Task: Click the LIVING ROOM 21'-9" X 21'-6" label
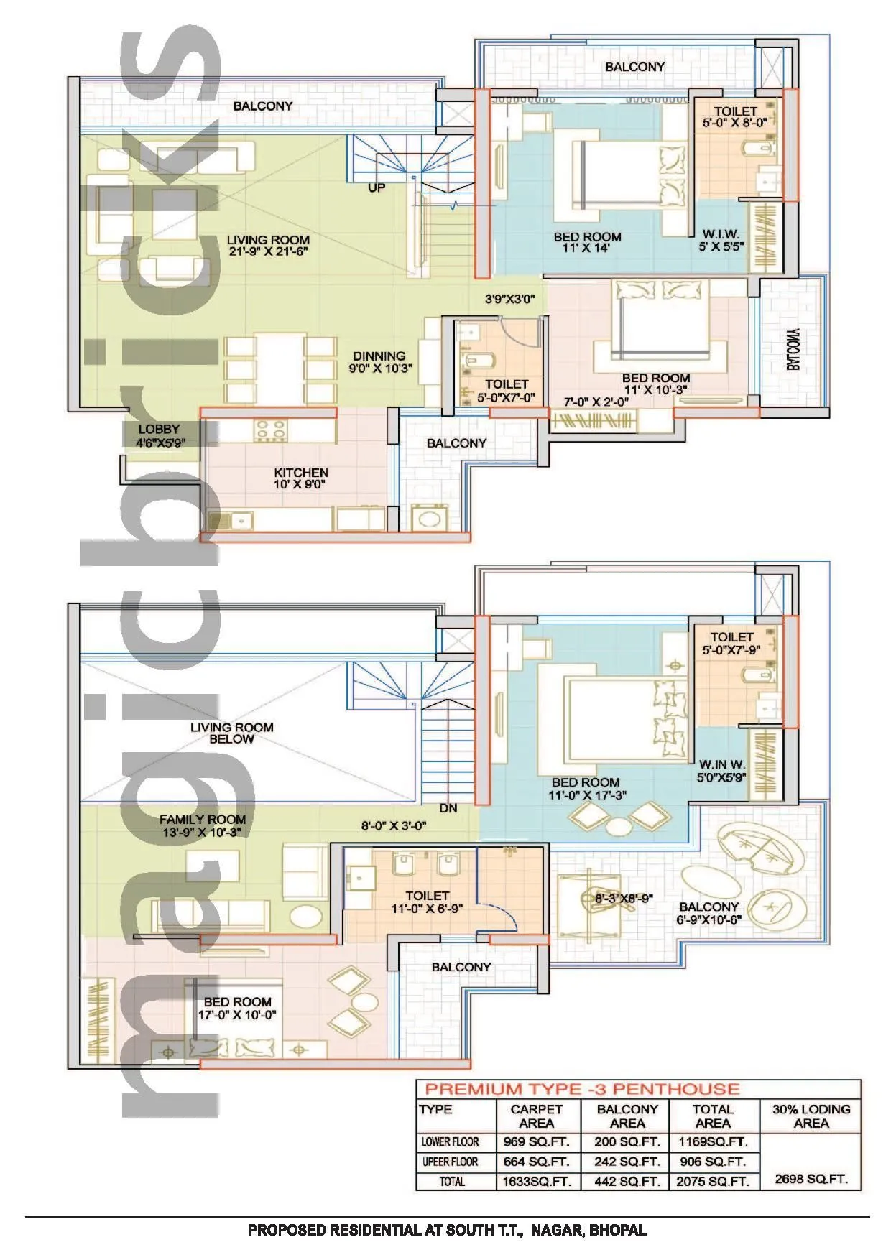click(x=268, y=246)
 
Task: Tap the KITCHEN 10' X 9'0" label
click(x=301, y=478)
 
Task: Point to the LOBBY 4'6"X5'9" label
click(x=160, y=436)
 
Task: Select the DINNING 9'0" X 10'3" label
click(x=379, y=362)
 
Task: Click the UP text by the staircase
click(x=377, y=187)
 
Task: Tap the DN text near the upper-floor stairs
click(x=448, y=808)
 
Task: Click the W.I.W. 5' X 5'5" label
click(x=721, y=240)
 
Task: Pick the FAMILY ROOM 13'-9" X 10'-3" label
click(x=203, y=825)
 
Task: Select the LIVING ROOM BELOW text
click(x=231, y=733)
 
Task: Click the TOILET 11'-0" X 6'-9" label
click(x=427, y=902)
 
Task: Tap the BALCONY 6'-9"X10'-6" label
click(x=709, y=913)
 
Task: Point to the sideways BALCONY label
click(x=793, y=350)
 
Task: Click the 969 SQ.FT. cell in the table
click(x=536, y=1141)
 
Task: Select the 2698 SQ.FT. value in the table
click(x=811, y=1179)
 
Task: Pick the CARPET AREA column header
click(x=536, y=1116)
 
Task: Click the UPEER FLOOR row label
click(x=451, y=1162)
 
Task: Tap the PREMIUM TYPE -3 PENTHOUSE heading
click(x=583, y=1089)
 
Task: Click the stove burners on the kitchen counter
click(x=270, y=430)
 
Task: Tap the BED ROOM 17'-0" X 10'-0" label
click(x=237, y=1008)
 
